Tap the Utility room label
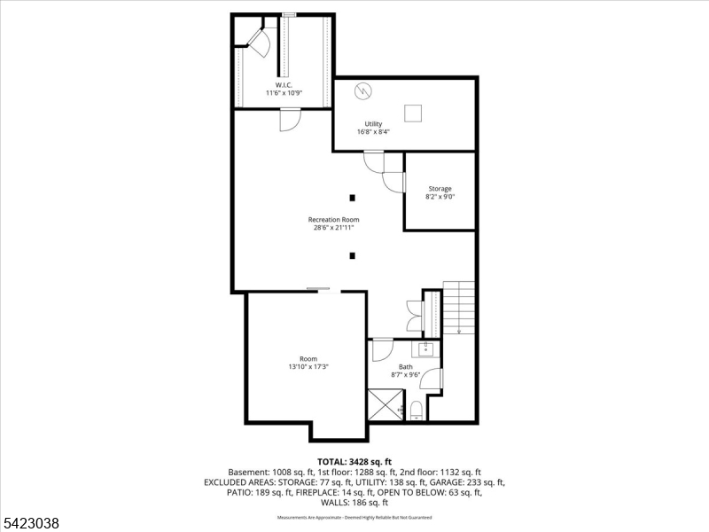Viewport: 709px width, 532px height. [x=373, y=124]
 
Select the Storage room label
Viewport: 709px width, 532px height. [x=440, y=189]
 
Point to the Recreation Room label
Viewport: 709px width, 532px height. [x=333, y=219]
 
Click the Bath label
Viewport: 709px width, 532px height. [x=405, y=367]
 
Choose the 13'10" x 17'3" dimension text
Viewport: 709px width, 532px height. [x=308, y=366]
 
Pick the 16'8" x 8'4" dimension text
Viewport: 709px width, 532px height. [x=373, y=132]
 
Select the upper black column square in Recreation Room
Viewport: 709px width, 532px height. [x=352, y=197]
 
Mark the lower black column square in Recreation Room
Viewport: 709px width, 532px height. [x=352, y=256]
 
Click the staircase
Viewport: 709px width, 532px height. [x=459, y=307]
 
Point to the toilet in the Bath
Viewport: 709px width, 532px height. [x=416, y=411]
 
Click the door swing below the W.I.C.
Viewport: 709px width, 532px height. [x=290, y=119]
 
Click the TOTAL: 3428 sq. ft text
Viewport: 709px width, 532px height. [x=354, y=462]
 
